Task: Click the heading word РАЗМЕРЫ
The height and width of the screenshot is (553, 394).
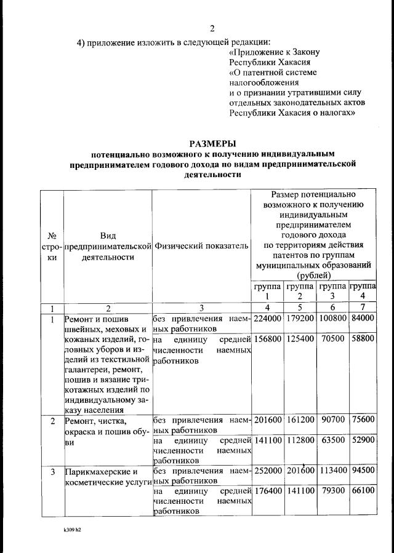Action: click(x=212, y=143)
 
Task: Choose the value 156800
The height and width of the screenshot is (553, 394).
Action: click(x=267, y=339)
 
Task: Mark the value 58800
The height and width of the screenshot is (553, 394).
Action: click(x=363, y=339)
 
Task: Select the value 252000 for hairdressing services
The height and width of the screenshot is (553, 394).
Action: click(x=267, y=472)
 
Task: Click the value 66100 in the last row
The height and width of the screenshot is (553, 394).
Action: click(x=363, y=492)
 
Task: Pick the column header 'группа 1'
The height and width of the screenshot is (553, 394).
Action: click(x=267, y=291)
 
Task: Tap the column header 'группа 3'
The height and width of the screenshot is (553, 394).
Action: click(x=332, y=291)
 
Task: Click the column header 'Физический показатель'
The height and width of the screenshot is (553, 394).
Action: click(x=202, y=246)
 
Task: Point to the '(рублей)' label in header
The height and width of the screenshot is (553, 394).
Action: click(x=313, y=276)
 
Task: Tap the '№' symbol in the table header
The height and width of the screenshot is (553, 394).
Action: click(x=52, y=236)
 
